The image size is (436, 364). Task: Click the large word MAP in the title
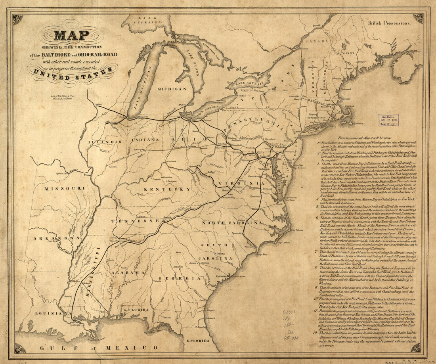72,35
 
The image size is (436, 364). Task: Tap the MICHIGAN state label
172,89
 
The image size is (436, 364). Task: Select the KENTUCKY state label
167,189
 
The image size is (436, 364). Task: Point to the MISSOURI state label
64,188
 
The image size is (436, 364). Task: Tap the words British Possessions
389,23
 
